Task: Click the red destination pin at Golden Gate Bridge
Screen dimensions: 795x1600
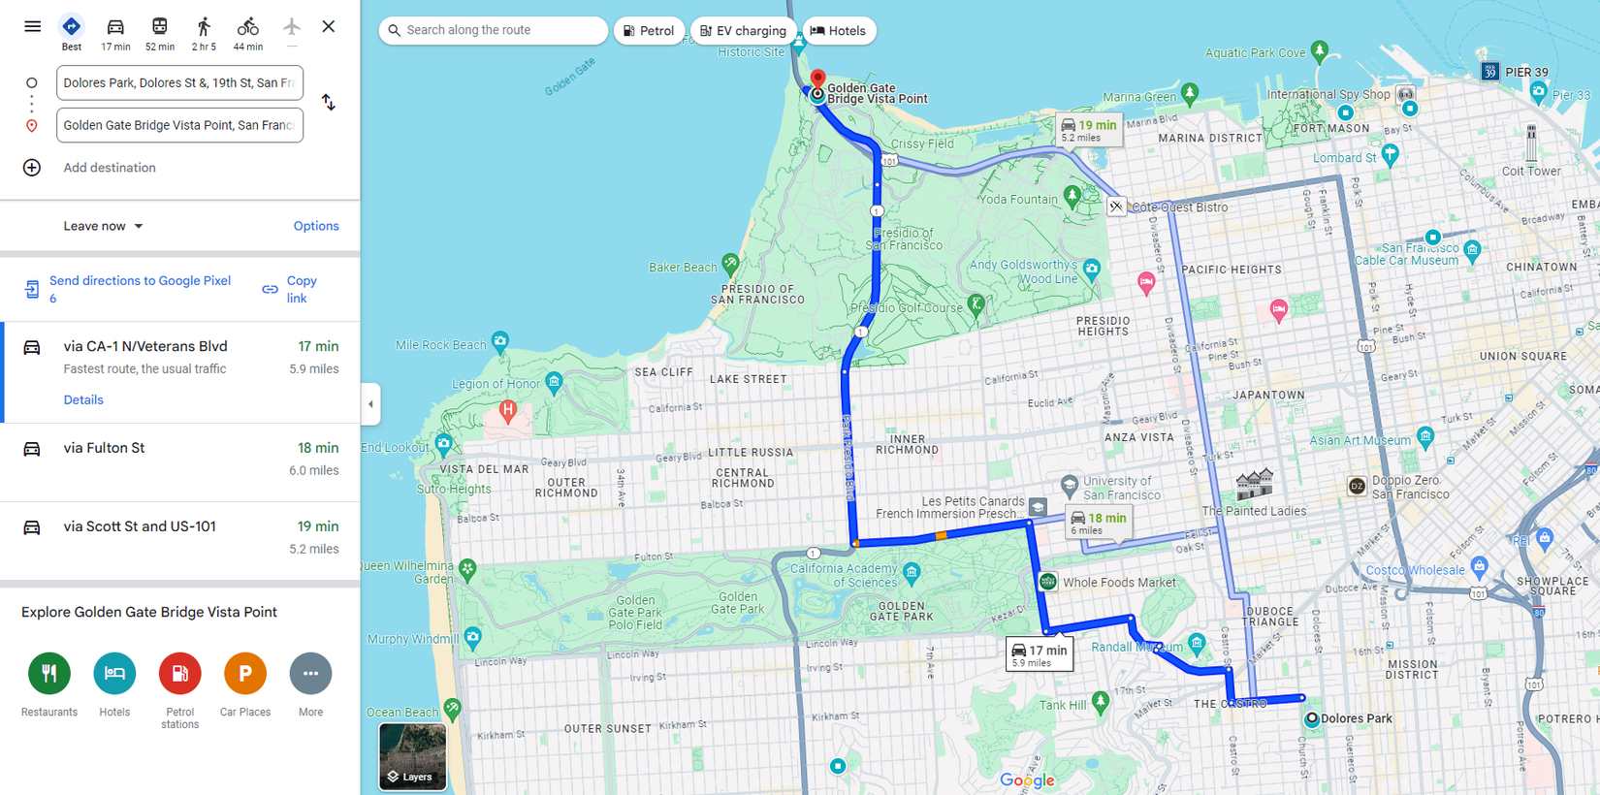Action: coord(817,79)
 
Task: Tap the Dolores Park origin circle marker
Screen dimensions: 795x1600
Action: coord(1311,719)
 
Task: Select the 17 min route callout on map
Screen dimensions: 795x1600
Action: coord(1039,654)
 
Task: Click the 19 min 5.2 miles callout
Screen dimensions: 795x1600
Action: coord(1088,130)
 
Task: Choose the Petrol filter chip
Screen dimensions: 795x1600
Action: coord(648,31)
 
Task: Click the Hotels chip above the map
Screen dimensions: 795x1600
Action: coord(839,31)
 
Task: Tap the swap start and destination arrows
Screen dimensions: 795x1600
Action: coord(329,103)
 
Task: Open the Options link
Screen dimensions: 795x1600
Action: coord(316,226)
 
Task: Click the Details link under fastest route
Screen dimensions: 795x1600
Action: coord(83,399)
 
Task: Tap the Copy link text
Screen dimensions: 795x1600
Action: coord(301,289)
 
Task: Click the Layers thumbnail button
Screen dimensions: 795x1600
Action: coord(412,756)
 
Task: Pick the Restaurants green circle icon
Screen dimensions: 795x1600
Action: coord(49,673)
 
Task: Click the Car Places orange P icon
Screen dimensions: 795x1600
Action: coord(245,673)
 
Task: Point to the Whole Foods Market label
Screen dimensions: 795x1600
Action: coord(1118,583)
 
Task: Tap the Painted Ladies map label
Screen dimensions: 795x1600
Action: coord(1254,511)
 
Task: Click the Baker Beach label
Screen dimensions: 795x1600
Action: coord(683,268)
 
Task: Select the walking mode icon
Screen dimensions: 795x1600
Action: coord(204,27)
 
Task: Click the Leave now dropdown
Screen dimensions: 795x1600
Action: coord(103,226)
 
